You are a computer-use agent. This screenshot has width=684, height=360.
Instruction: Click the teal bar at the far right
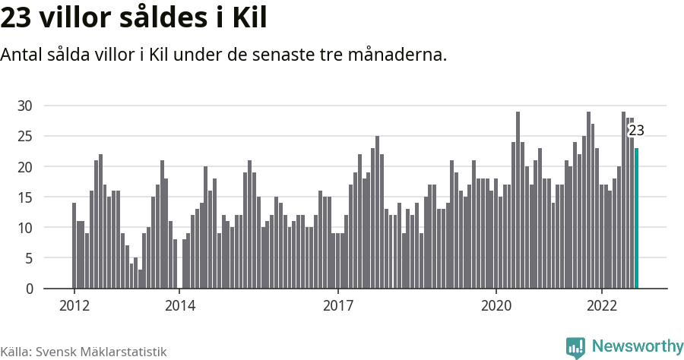[637, 219]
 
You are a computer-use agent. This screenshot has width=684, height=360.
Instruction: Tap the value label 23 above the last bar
[636, 130]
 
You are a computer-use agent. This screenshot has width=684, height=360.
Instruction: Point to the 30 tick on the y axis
[25, 106]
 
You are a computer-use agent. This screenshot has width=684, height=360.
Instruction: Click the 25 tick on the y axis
[25, 136]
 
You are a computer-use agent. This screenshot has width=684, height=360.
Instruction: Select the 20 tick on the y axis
[25, 166]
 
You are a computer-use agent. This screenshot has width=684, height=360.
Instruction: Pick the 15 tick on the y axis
[25, 197]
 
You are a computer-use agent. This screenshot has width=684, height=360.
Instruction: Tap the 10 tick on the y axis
[25, 228]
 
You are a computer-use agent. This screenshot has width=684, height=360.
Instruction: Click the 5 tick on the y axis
[29, 258]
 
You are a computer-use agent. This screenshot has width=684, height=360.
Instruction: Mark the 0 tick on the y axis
[29, 289]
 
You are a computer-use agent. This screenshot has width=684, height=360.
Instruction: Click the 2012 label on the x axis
[74, 305]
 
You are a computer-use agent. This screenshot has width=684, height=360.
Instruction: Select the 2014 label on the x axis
[179, 305]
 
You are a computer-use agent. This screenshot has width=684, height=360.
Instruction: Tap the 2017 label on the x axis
[337, 305]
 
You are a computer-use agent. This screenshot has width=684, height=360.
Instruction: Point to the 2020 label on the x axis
[496, 305]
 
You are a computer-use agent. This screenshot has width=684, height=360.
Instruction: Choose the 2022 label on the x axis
[601, 305]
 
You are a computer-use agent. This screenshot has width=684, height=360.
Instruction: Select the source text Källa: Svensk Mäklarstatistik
[84, 352]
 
